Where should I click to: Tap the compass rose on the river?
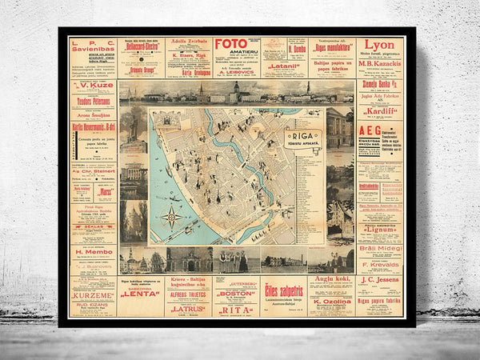(x=170, y=216)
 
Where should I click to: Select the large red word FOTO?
(x=231, y=45)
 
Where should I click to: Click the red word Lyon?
(x=379, y=45)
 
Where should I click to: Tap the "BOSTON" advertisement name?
(x=235, y=293)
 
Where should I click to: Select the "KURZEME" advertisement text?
(x=93, y=295)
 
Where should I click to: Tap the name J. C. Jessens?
(x=379, y=280)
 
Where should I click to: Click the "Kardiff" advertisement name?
(x=380, y=110)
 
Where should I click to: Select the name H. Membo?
(x=93, y=251)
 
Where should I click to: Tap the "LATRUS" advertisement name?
(x=188, y=308)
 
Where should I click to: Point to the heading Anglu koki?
(x=330, y=279)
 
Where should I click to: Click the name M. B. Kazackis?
(x=379, y=61)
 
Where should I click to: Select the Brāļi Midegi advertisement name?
(x=379, y=248)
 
